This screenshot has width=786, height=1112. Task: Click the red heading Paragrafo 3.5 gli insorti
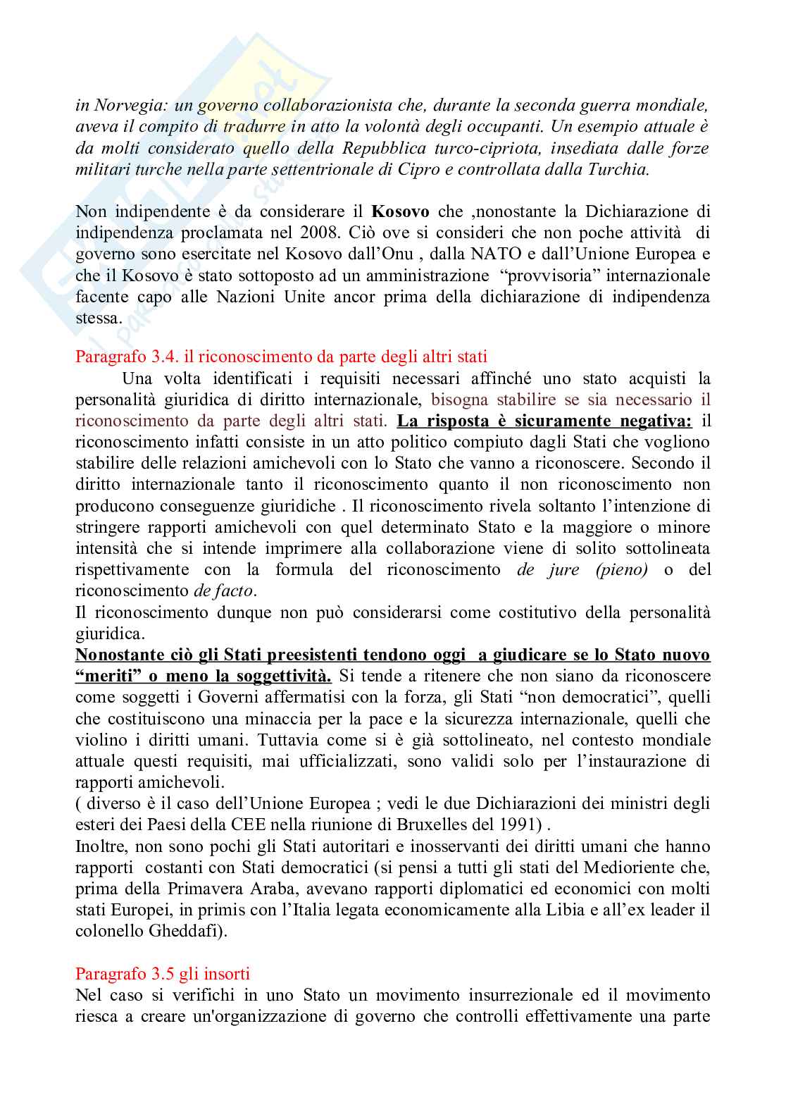(162, 974)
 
